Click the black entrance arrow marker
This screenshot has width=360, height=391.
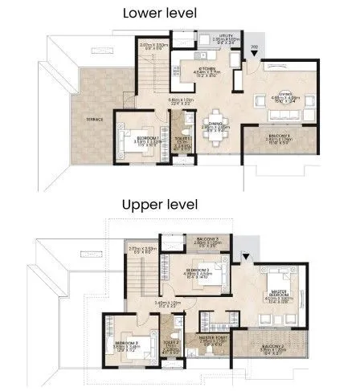pos(255,55)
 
